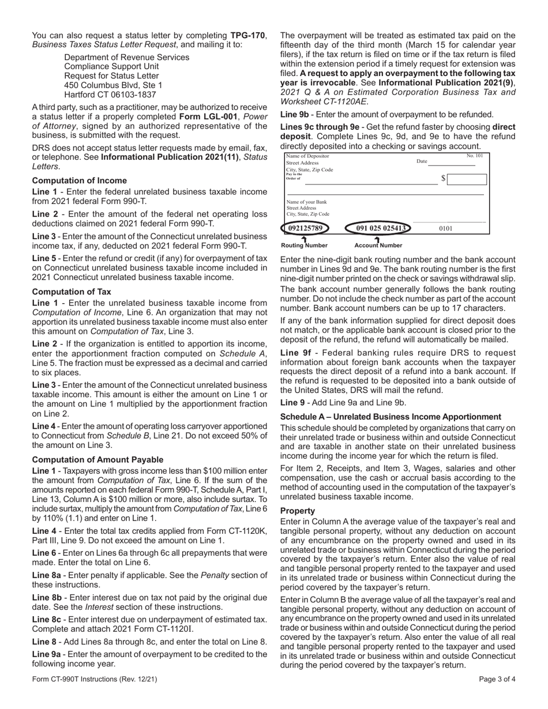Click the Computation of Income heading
pos(79,180)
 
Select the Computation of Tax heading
pos(72,292)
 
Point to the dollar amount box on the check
pos(466,179)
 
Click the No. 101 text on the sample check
pos(475,156)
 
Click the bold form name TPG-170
pos(248,35)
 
